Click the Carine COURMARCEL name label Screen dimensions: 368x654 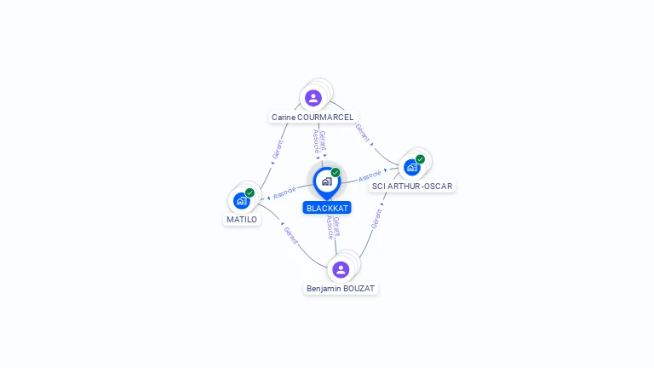pos(313,117)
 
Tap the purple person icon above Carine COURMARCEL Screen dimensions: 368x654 pos(313,98)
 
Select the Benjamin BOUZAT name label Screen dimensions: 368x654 pos(341,288)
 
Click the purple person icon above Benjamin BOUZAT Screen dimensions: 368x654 pos(341,269)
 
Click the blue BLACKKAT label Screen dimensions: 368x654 pos(327,208)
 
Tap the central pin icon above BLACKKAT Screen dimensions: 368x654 pos(326,181)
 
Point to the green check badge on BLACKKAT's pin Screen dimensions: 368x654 pos(336,173)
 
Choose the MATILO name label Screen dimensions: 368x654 pos(241,219)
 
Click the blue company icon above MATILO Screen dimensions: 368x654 pos(241,201)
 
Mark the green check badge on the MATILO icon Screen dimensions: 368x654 pos(250,193)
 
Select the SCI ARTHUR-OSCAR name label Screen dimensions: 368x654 pos(412,186)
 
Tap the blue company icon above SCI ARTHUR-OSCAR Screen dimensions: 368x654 pos(412,167)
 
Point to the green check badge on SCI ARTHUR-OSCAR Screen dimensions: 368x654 pos(421,159)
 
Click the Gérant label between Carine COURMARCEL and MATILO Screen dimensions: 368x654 pos(277,150)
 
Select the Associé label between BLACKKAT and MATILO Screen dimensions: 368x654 pos(284,193)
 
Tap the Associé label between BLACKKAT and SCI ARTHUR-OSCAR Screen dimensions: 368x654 pos(370,176)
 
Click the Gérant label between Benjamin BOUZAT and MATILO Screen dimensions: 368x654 pos(290,236)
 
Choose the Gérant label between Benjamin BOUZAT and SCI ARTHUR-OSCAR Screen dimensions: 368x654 pos(376,219)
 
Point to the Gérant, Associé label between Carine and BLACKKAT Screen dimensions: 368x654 pos(319,141)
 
